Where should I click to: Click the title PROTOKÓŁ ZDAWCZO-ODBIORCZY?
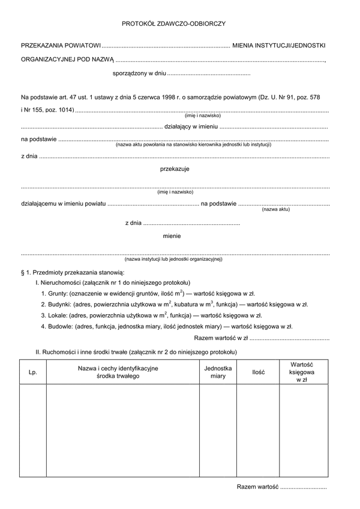tap(174, 24)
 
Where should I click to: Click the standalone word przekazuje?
tap(175, 169)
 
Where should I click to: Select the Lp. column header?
tap(33, 372)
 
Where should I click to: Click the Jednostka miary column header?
tap(218, 372)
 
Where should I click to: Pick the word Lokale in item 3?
tap(58, 315)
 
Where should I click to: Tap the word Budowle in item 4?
tap(61, 327)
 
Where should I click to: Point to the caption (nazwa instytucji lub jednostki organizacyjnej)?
tap(173, 259)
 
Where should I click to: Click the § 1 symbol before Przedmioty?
tap(25, 272)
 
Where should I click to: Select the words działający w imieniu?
tap(191, 127)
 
